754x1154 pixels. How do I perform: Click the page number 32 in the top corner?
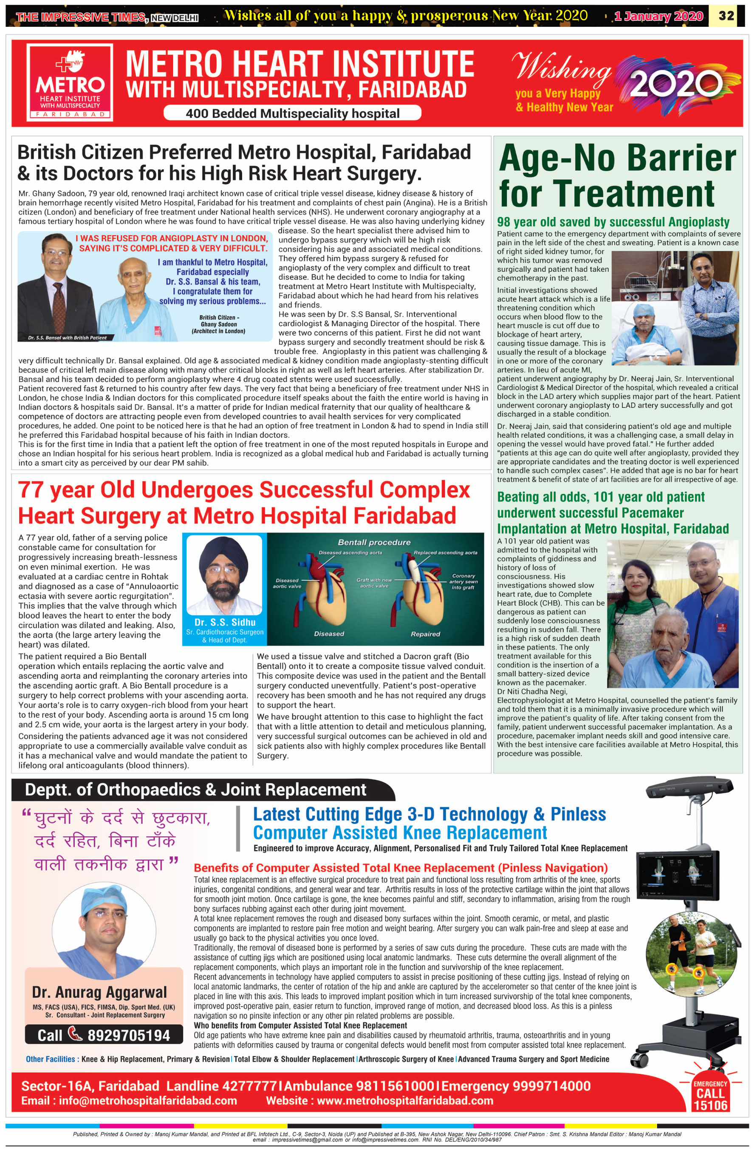point(726,16)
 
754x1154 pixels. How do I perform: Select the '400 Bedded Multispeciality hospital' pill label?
point(292,113)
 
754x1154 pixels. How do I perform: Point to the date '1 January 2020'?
point(658,16)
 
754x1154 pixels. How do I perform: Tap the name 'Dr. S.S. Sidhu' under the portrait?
point(225,622)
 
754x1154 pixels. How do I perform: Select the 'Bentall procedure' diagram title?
point(374,542)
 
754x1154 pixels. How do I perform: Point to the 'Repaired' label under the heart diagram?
point(425,634)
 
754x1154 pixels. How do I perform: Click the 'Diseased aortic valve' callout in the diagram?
point(287,583)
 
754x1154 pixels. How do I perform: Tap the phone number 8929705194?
point(128,1035)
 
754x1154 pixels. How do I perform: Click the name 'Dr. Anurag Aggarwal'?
point(99,992)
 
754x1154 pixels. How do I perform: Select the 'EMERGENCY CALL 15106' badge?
point(710,1095)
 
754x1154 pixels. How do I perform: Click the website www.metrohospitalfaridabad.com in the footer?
point(405,1100)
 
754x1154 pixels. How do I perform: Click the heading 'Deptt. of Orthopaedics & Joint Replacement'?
point(195,790)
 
